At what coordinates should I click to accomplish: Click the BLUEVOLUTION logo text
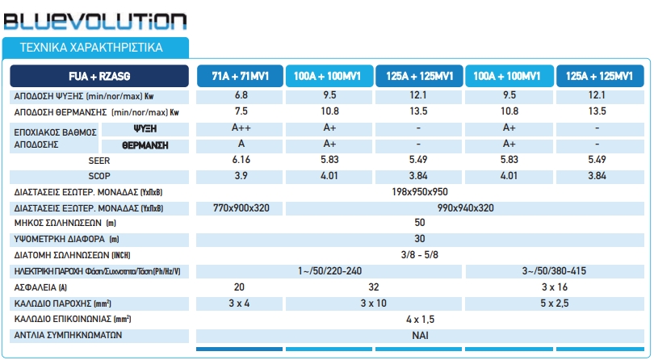[x=94, y=20]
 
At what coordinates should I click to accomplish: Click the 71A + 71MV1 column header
[x=241, y=77]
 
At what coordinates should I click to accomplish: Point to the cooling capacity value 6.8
[x=241, y=96]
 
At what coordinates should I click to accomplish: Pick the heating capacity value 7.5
[x=241, y=111]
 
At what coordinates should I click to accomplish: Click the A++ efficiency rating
[x=241, y=128]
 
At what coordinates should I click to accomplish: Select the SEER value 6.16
[x=241, y=161]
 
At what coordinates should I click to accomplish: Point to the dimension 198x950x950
[x=420, y=192]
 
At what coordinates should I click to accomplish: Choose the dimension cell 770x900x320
[x=241, y=208]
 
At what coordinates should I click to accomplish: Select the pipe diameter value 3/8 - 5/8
[x=420, y=255]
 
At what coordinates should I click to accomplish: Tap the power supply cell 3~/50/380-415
[x=555, y=270]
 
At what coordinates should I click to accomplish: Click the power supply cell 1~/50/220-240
[x=330, y=270]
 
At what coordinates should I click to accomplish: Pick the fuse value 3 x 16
[x=555, y=287]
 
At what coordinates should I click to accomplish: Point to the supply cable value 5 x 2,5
[x=555, y=303]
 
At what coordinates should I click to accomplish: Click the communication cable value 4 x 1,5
[x=420, y=319]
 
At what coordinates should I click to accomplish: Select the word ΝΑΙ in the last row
[x=420, y=334]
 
